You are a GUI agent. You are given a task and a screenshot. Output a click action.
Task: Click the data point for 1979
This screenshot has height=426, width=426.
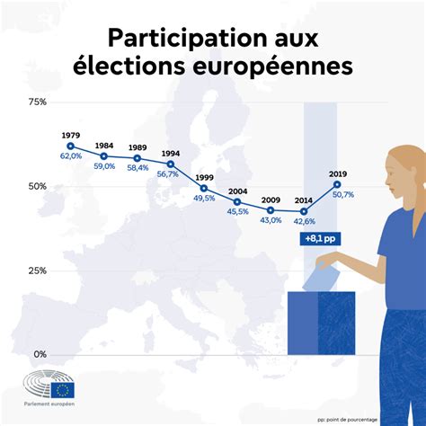pos(70,146)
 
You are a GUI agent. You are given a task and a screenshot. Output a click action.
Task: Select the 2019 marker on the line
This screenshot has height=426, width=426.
pos(337,184)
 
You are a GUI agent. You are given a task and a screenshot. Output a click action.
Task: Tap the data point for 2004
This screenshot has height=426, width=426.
pos(237,201)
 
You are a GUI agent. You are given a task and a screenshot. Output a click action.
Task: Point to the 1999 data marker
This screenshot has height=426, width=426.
pos(204,188)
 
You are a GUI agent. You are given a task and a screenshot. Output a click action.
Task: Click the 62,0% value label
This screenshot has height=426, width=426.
pos(71,156)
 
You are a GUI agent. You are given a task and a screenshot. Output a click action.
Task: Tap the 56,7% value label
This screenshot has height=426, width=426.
pos(167,174)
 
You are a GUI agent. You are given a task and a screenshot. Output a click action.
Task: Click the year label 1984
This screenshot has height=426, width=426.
pos(104,146)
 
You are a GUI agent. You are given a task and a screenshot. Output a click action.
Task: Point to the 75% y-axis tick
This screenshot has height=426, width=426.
pos(37,102)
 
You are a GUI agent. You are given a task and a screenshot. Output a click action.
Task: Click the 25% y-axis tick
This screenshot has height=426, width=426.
pos(37,271)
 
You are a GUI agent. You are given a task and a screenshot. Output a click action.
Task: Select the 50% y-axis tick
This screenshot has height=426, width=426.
pos(37,186)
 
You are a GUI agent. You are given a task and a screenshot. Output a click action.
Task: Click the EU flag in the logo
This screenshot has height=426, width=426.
pos(63,389)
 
